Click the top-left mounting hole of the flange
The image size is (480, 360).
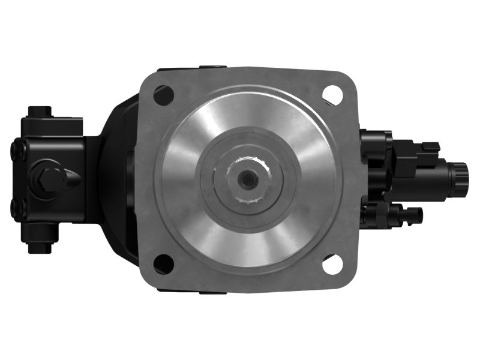pyautogui.click(x=163, y=94)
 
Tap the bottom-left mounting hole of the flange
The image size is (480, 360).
pyautogui.click(x=163, y=263)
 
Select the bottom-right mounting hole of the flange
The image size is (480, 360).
pyautogui.click(x=332, y=263)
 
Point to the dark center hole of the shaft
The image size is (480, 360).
pyautogui.click(x=247, y=178)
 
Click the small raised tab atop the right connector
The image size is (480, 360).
pyautogui.click(x=430, y=146)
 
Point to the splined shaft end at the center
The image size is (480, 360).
pyautogui.click(x=247, y=178)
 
